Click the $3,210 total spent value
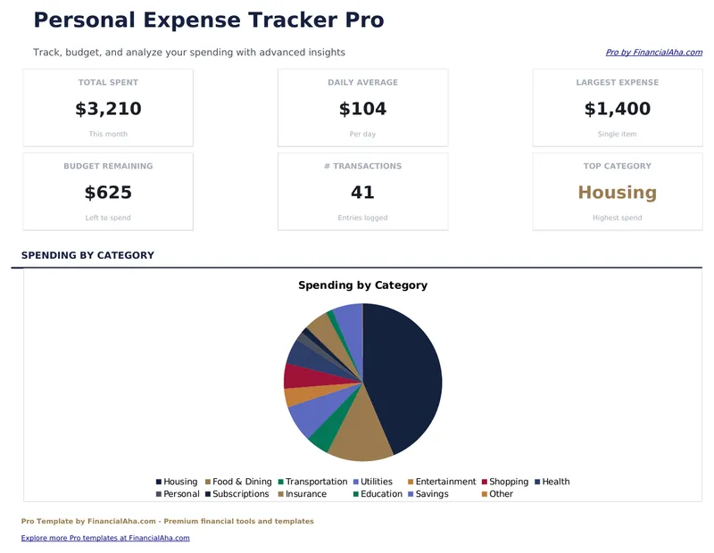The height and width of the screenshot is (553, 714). [x=108, y=110]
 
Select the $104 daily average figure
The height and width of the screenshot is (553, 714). [x=362, y=110]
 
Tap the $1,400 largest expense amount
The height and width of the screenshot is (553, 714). [x=617, y=110]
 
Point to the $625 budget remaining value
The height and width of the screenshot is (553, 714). [x=108, y=193]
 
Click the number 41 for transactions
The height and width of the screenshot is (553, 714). [x=362, y=193]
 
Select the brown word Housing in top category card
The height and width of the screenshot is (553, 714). [x=617, y=193]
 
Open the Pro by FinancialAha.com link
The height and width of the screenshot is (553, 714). [x=653, y=53]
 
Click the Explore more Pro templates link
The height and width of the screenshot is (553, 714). [x=105, y=538]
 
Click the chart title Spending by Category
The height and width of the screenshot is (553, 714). [x=362, y=285]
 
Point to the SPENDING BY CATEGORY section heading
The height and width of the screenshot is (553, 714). [x=87, y=255]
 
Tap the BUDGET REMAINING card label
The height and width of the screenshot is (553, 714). [x=108, y=166]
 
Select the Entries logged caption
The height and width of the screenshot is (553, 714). [x=362, y=218]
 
